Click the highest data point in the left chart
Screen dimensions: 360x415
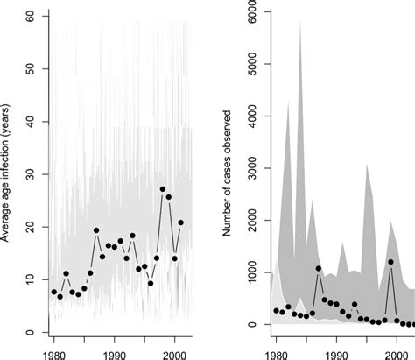pyautogui.click(x=163, y=189)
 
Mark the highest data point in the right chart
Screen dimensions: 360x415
pyautogui.click(x=391, y=262)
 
